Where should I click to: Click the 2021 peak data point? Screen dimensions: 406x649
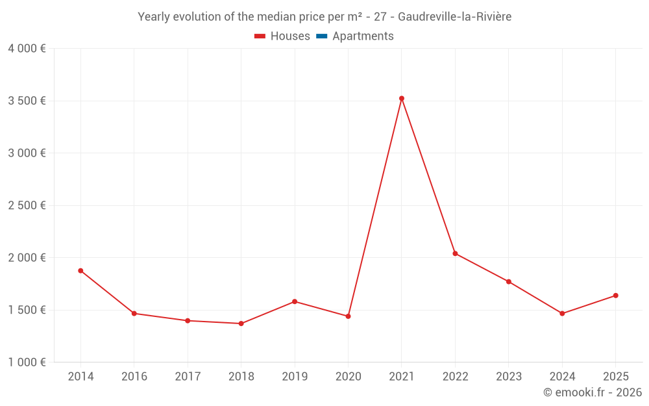pos(402,98)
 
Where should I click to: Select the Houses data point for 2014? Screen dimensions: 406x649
pos(80,270)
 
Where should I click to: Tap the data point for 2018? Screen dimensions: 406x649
pos(241,324)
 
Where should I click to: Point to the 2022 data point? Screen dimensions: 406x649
pos(455,253)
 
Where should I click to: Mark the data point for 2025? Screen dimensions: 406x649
pos(615,296)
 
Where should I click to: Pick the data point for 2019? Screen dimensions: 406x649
pos(295,301)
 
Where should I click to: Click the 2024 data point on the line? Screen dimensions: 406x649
pos(562,314)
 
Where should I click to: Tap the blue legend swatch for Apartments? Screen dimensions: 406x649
pos(322,36)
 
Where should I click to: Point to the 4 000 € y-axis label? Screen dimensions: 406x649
pos(27,49)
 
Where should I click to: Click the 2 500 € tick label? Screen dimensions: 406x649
pos(27,205)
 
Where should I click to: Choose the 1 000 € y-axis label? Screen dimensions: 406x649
pos(27,362)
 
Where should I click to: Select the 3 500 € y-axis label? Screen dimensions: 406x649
pos(27,101)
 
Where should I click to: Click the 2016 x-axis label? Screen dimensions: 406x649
pos(134,377)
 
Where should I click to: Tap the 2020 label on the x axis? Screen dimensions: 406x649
pos(348,377)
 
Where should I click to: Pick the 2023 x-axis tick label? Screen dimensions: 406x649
pos(509,377)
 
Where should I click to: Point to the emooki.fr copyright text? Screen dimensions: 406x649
pos(593,392)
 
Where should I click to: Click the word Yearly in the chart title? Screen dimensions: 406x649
pos(154,17)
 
